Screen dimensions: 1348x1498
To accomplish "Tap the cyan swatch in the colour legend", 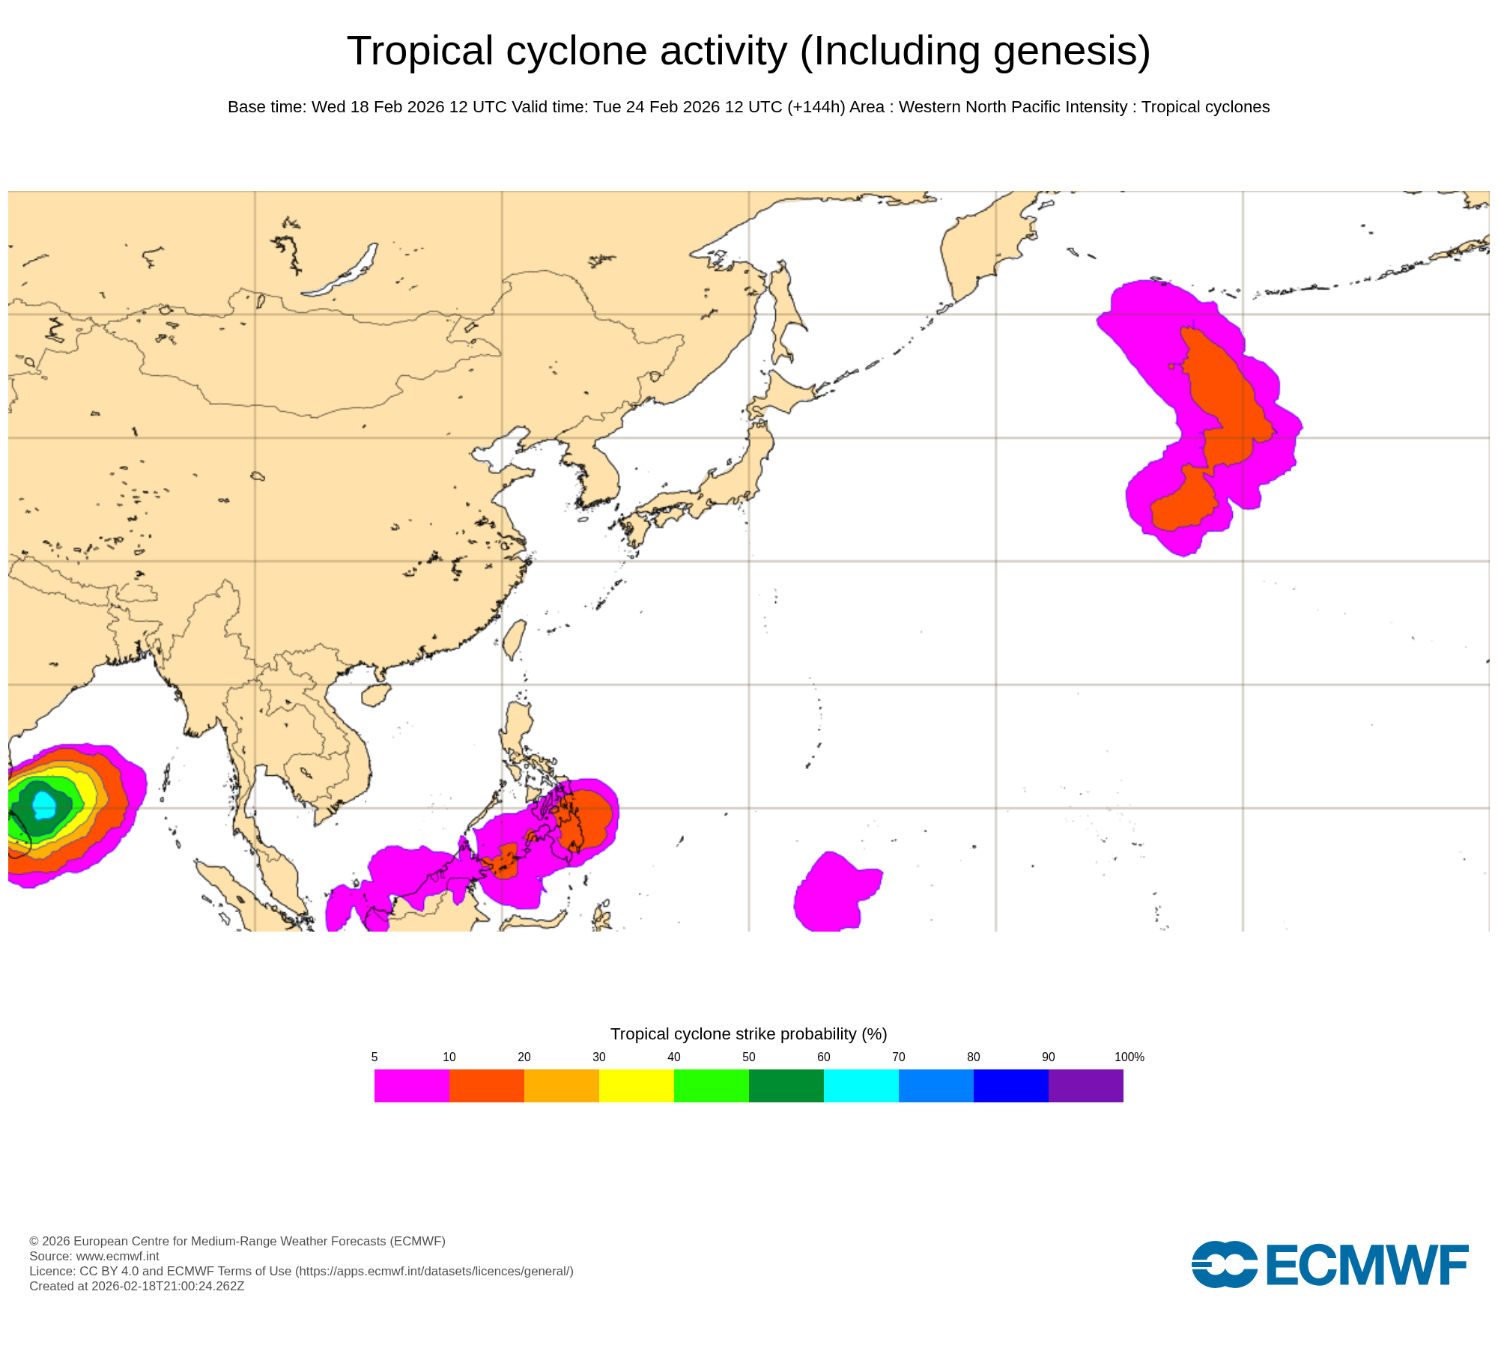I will pos(861,1086).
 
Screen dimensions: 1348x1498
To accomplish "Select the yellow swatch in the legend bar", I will pos(636,1086).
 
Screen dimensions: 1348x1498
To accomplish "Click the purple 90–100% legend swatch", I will pos(1085,1086).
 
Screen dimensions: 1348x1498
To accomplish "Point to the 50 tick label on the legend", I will pos(749,1057).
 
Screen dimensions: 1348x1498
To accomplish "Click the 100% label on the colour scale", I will pos(1129,1057).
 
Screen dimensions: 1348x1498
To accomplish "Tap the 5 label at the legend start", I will pos(374,1057).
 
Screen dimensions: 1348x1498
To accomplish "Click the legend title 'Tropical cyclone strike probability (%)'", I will pos(748,1034).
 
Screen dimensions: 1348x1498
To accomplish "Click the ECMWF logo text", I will pos(1366,1266).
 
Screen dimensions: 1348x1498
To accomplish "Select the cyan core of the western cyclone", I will pos(44,805).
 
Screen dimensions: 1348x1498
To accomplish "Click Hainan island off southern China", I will pos(375,695).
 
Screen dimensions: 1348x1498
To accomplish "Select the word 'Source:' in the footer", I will pos(50,1256).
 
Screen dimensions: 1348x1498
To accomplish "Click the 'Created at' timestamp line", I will pos(136,1286).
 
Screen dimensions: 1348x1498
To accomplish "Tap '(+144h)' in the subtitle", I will pos(816,107).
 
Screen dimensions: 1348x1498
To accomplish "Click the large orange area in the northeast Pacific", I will pos(1221,397).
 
